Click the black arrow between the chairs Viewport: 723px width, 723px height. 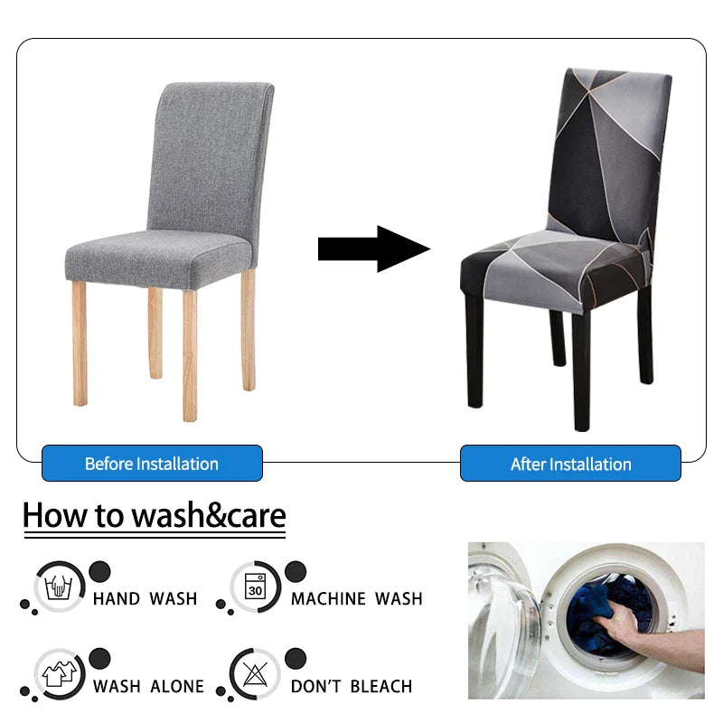[x=374, y=249]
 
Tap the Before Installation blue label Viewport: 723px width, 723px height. [x=152, y=463]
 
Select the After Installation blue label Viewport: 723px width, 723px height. [x=570, y=463]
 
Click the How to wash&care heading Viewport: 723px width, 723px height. [x=155, y=515]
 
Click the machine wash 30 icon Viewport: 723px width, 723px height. [x=255, y=587]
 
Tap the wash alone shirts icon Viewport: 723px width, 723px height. [x=59, y=674]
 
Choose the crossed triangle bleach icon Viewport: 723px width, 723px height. [x=255, y=673]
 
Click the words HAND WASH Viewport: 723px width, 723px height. [x=146, y=598]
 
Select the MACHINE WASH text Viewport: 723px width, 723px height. [x=356, y=598]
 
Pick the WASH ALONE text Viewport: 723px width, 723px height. [x=148, y=686]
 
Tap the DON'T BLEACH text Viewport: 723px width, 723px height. [x=352, y=686]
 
